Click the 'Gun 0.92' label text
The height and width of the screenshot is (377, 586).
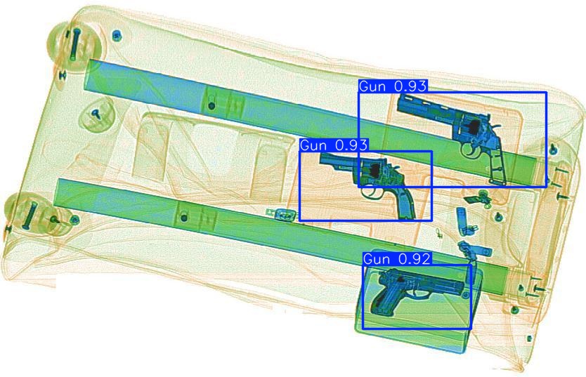[397, 259]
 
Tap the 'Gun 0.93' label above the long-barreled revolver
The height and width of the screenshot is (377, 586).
[393, 86]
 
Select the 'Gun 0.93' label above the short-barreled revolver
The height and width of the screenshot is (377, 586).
[334, 145]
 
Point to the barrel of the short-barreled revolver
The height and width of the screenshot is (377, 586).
[334, 160]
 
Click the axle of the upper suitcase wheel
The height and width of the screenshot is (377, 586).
[74, 44]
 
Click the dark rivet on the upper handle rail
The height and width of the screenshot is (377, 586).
[211, 106]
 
